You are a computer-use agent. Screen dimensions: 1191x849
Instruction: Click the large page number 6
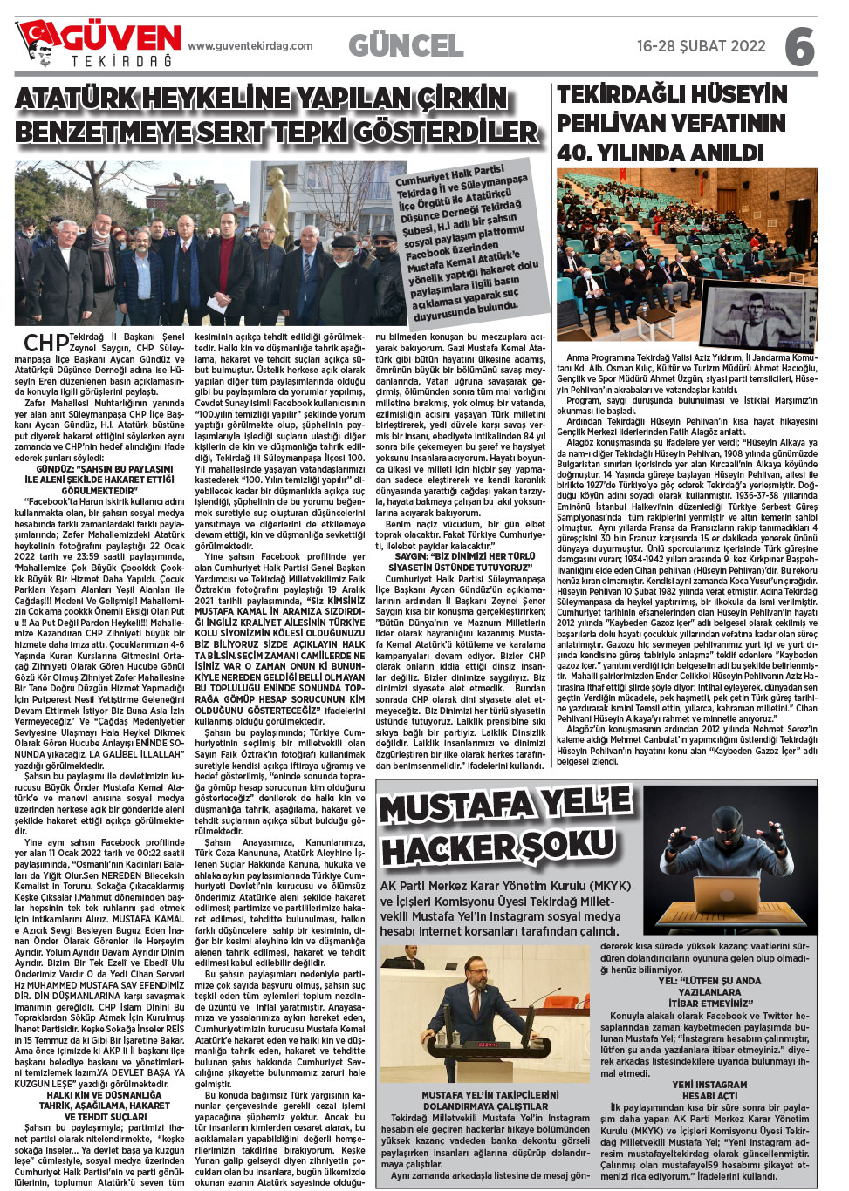(799, 46)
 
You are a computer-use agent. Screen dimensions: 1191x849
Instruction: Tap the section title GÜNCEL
(406, 45)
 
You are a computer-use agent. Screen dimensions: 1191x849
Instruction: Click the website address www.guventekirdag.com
(250, 46)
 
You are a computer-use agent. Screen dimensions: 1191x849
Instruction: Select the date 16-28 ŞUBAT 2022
(701, 46)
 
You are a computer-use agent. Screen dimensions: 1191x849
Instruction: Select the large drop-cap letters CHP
(46, 343)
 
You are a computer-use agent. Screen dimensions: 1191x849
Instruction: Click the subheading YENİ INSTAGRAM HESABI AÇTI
(709, 1090)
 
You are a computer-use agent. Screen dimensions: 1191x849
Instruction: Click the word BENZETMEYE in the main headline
(104, 133)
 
